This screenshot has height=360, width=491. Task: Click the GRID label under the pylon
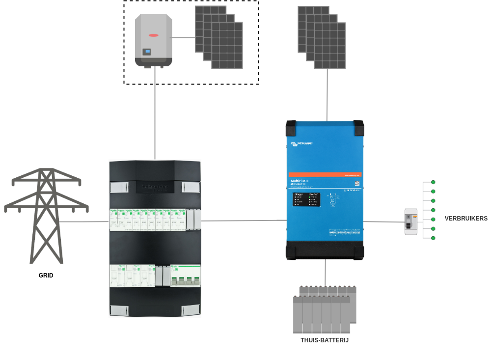click(x=46, y=276)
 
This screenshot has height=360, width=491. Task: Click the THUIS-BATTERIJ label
click(x=325, y=340)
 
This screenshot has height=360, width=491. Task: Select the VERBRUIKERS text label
click(x=466, y=219)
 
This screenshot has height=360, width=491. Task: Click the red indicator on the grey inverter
click(x=154, y=35)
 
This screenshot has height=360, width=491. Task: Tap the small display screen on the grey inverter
click(x=147, y=52)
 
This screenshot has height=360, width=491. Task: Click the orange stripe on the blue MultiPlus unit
click(x=325, y=175)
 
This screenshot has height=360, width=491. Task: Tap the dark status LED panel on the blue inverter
click(x=306, y=199)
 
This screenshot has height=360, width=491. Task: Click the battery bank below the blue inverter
click(x=324, y=309)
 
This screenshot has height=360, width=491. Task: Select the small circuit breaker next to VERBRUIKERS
click(x=410, y=222)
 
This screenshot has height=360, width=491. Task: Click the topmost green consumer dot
click(x=433, y=182)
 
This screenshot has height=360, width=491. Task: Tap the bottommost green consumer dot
click(x=433, y=238)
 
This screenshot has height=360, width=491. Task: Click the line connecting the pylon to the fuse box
click(x=83, y=222)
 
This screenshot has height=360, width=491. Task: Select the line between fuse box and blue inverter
click(x=244, y=221)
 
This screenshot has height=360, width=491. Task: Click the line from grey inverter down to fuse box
click(x=155, y=113)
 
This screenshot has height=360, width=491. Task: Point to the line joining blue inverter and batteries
click(x=325, y=273)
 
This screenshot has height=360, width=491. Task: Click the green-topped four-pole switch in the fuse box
click(x=185, y=276)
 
